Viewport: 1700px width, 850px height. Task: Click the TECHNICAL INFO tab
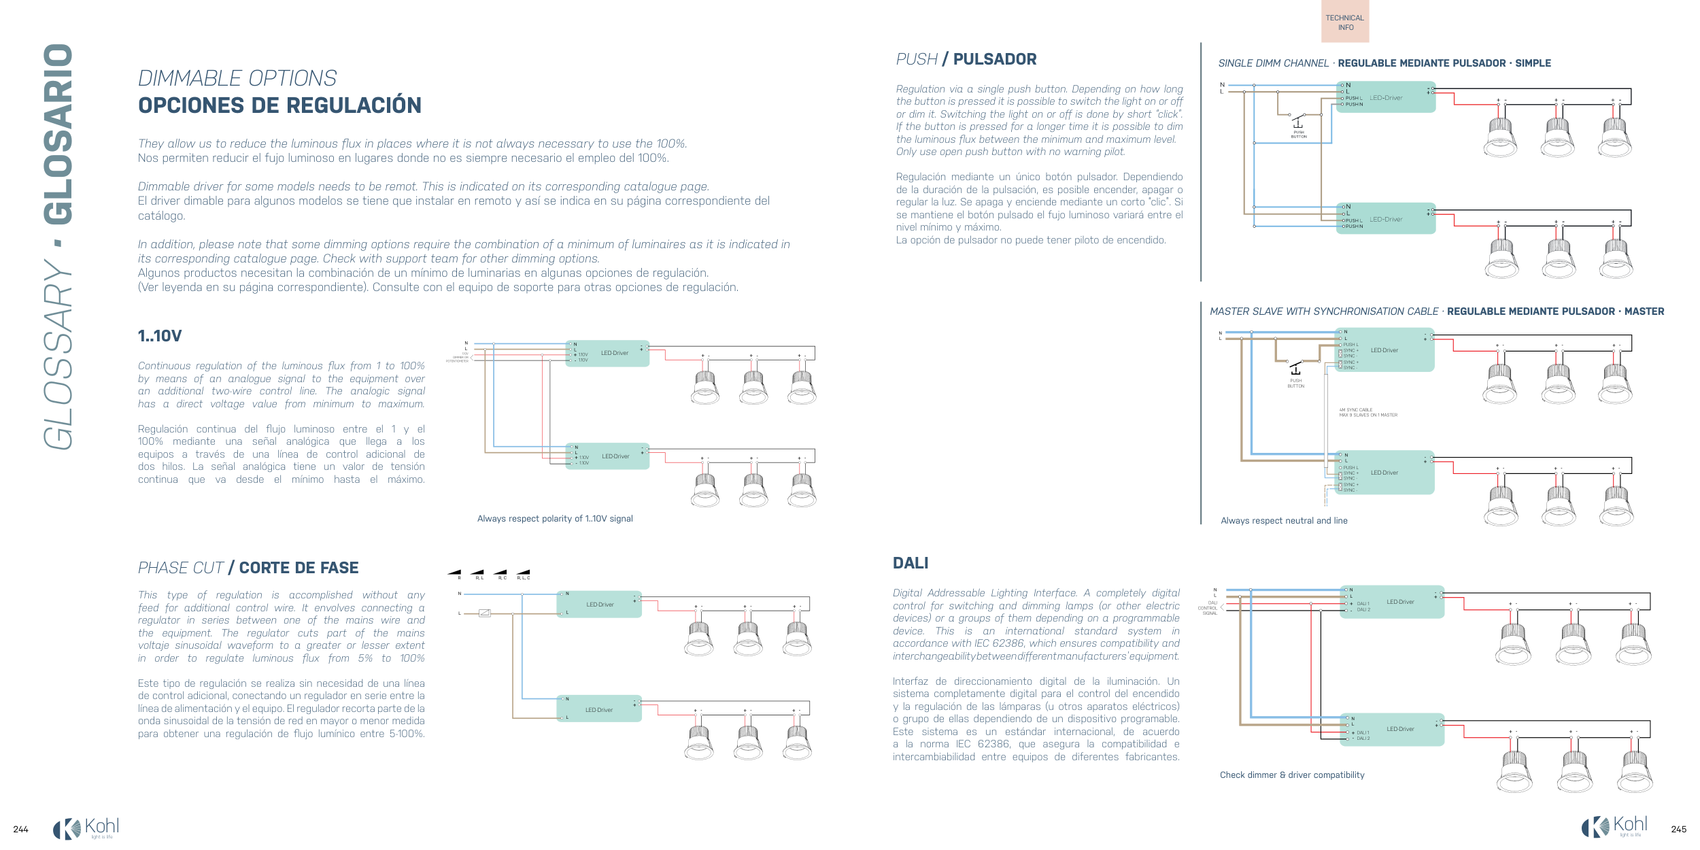click(x=1345, y=22)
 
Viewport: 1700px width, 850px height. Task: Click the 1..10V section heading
click(x=160, y=336)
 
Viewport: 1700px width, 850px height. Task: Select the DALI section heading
click(x=911, y=563)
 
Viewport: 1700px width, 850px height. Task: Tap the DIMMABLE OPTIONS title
click(x=237, y=78)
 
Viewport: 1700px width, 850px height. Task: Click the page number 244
click(x=21, y=829)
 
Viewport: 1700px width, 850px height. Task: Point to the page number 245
click(x=1678, y=829)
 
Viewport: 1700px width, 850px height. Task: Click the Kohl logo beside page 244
click(x=86, y=828)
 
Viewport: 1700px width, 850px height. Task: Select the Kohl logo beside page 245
click(x=1614, y=827)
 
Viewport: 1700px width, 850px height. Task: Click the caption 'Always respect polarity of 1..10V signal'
click(x=555, y=519)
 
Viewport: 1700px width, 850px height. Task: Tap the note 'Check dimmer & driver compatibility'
click(x=1292, y=775)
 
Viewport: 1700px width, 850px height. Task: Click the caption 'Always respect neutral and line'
click(x=1284, y=521)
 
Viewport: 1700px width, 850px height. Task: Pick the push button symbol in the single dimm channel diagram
click(x=1297, y=122)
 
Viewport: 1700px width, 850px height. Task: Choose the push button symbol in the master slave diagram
click(x=1295, y=369)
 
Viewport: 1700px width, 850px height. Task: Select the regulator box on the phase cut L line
click(x=484, y=613)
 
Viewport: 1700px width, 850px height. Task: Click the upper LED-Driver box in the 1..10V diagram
click(x=607, y=354)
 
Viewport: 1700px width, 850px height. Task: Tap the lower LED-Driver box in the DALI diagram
click(x=1392, y=730)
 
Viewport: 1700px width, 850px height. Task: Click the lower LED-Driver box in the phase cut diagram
click(x=599, y=710)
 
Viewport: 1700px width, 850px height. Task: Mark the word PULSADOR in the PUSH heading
click(x=995, y=59)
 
